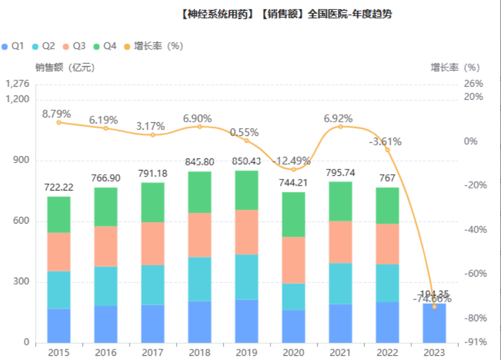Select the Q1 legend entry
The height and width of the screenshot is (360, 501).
point(13,46)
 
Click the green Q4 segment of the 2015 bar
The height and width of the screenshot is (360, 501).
point(59,215)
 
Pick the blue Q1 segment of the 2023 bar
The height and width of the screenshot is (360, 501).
point(434,323)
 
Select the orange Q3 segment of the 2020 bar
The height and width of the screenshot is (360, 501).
point(294,260)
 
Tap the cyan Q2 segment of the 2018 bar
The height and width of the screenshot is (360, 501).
point(200,279)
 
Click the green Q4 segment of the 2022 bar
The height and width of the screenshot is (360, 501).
point(388,206)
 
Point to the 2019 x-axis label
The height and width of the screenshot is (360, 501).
point(246,353)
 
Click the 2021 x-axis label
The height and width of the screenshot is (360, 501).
point(340,353)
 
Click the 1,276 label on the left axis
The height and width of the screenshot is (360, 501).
point(17,84)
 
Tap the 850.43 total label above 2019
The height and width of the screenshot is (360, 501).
point(246,162)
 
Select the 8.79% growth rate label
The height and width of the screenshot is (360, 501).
point(57,113)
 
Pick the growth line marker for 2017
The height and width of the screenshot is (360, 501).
point(153,135)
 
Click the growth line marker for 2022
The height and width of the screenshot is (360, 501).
point(388,150)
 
